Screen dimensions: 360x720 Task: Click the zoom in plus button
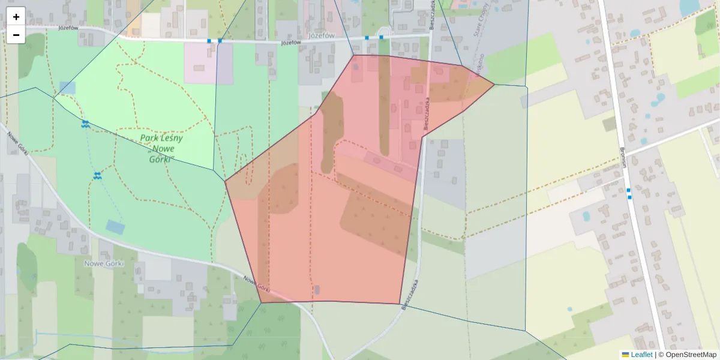coord(16,17)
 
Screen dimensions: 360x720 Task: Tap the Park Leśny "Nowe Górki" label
coord(161,148)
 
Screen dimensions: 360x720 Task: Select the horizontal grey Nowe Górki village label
coord(104,263)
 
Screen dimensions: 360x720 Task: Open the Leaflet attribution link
coord(641,355)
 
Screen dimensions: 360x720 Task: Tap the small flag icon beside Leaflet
coord(625,355)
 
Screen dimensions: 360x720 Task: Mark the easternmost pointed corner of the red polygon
coord(494,85)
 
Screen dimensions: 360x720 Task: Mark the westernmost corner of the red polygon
coord(225,181)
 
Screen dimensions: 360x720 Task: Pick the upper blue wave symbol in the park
coord(85,124)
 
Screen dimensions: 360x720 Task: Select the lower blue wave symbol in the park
coord(97,176)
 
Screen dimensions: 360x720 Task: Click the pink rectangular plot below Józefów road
coord(200,63)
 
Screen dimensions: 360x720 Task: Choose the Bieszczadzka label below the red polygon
coord(410,295)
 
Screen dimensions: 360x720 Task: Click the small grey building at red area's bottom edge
coord(317,290)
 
